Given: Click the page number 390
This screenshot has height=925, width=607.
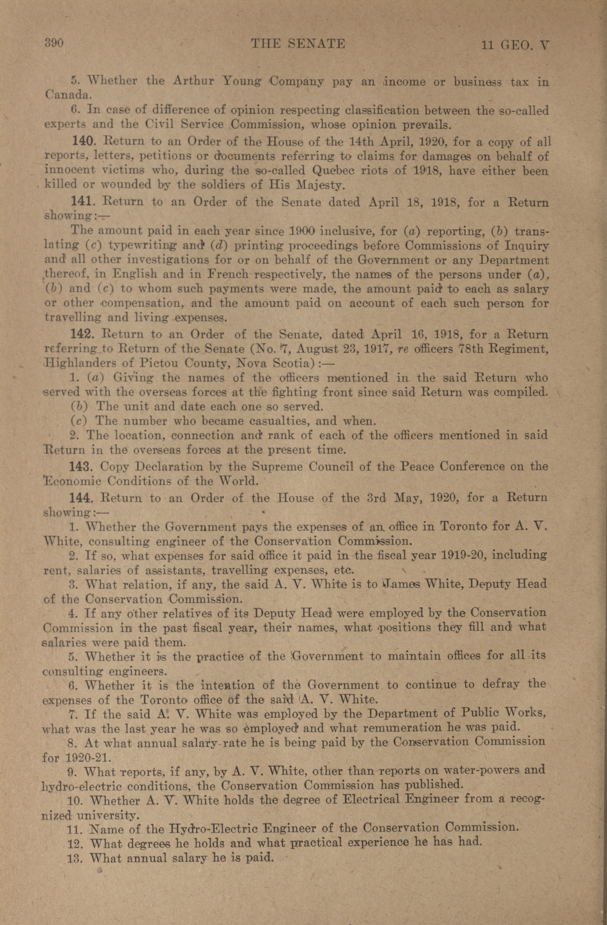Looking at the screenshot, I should [x=54, y=43].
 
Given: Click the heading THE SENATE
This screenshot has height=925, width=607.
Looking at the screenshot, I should [x=298, y=44].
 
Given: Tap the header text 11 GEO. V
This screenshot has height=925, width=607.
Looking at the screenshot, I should [x=515, y=45].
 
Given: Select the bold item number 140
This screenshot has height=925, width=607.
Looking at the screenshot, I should [x=82, y=142].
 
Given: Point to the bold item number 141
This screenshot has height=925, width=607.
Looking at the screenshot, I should [x=82, y=201].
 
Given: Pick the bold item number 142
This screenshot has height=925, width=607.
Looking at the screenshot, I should [x=82, y=334].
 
